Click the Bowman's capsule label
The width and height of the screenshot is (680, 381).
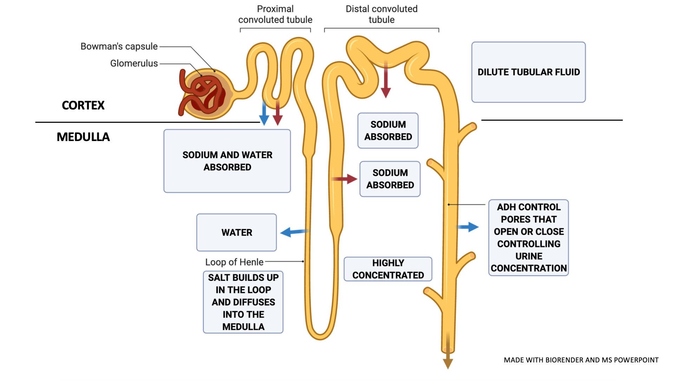[119, 46]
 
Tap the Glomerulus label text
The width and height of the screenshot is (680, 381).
[134, 63]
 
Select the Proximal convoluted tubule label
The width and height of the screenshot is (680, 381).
[275, 14]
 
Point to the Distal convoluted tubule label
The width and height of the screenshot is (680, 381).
[381, 14]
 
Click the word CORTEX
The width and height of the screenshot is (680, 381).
[83, 105]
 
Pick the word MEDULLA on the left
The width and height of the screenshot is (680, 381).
[83, 137]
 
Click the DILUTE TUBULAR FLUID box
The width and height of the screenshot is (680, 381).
[528, 72]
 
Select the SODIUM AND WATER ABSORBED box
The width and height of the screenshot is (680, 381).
[227, 161]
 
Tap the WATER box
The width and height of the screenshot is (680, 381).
[237, 232]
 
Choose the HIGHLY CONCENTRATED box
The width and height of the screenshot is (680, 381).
[388, 269]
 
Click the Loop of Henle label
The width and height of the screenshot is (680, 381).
[234, 262]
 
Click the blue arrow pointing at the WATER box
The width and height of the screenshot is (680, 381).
[295, 232]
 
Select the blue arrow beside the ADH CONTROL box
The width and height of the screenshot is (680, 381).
[467, 227]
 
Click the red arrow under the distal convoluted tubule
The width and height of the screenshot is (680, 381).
[386, 79]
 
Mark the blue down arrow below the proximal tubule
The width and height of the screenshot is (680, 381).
[264, 113]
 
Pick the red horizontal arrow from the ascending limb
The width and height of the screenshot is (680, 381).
[344, 179]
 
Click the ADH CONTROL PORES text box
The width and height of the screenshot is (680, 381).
[528, 238]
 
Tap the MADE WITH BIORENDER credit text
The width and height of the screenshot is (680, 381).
[581, 360]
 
